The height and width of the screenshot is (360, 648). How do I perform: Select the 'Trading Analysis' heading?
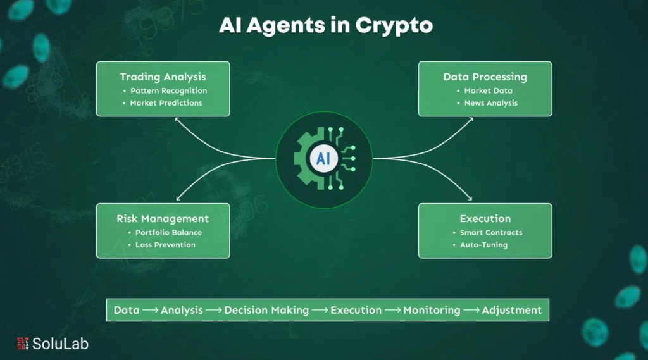[163, 77]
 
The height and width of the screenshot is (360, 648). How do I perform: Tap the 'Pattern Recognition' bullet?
[168, 90]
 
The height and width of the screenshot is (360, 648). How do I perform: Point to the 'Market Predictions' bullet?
[166, 103]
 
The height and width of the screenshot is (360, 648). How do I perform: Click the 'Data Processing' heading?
[485, 77]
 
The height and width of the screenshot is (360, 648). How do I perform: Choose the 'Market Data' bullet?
[488, 90]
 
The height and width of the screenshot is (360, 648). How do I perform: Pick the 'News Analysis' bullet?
[490, 103]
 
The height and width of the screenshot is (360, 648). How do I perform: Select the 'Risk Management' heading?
[163, 219]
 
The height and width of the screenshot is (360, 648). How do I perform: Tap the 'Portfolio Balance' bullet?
[168, 232]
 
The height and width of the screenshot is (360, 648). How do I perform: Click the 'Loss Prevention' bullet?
[165, 245]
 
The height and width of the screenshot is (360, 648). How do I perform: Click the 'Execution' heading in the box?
[485, 219]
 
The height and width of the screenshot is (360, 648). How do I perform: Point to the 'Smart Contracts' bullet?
[490, 232]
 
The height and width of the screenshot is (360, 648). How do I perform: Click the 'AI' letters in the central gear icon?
[323, 158]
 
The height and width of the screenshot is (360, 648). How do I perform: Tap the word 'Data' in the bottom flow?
[127, 310]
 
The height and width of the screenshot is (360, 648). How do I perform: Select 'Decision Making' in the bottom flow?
[266, 310]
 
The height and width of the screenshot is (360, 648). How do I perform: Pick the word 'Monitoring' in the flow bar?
[432, 310]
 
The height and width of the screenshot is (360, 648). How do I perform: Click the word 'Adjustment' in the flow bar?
[511, 310]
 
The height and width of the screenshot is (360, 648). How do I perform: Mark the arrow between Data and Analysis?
[151, 310]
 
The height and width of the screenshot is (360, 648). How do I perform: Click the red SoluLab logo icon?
[22, 344]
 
